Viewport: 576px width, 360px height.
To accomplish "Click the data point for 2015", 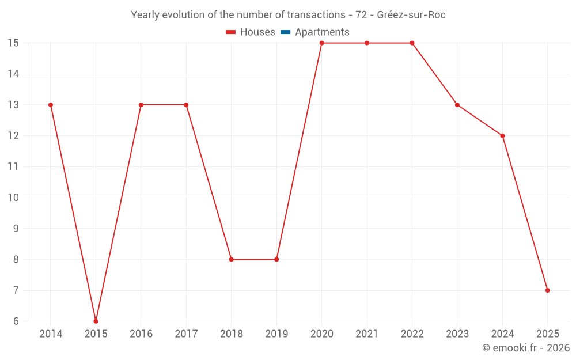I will click(x=96, y=321).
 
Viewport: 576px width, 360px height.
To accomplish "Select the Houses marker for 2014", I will click(x=51, y=105).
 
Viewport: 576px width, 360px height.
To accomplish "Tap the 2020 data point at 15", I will click(x=321, y=43).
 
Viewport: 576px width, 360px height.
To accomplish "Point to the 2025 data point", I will click(x=547, y=290).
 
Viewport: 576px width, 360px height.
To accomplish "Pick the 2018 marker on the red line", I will click(x=231, y=259).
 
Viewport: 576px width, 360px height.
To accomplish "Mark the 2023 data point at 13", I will click(x=457, y=105).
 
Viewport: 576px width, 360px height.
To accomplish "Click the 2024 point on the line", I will click(x=502, y=136).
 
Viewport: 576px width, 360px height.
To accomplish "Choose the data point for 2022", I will click(x=412, y=43).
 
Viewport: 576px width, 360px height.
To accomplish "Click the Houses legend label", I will click(x=257, y=32).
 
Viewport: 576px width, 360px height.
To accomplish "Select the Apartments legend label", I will click(x=322, y=32).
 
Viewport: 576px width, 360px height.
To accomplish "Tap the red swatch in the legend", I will click(x=231, y=32).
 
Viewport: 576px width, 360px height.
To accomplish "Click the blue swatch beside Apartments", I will click(x=285, y=32).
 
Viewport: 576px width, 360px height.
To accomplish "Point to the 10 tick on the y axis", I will click(x=13, y=198).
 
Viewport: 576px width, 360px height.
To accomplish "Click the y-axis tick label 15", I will click(x=13, y=43).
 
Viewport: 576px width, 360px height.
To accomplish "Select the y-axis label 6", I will click(x=13, y=321).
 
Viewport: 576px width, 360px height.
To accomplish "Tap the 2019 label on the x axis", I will click(x=276, y=334).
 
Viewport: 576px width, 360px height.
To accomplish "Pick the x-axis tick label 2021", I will click(x=367, y=334).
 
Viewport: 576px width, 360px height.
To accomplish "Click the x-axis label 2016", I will click(x=141, y=334).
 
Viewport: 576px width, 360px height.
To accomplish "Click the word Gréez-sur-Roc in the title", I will click(x=411, y=15).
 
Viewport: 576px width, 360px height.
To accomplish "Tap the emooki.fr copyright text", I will click(x=526, y=348).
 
